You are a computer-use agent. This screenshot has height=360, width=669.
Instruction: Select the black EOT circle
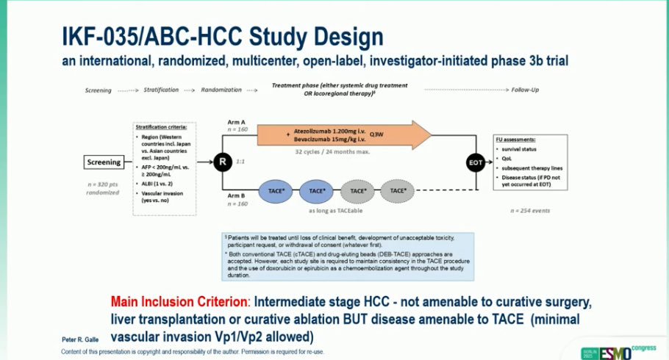coord(476,163)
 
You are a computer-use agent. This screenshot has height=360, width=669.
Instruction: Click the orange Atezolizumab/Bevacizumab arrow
coord(346,134)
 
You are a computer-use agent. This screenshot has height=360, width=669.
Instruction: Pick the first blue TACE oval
coord(275,191)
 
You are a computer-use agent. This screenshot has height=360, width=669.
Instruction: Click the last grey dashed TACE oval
coord(398,191)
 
